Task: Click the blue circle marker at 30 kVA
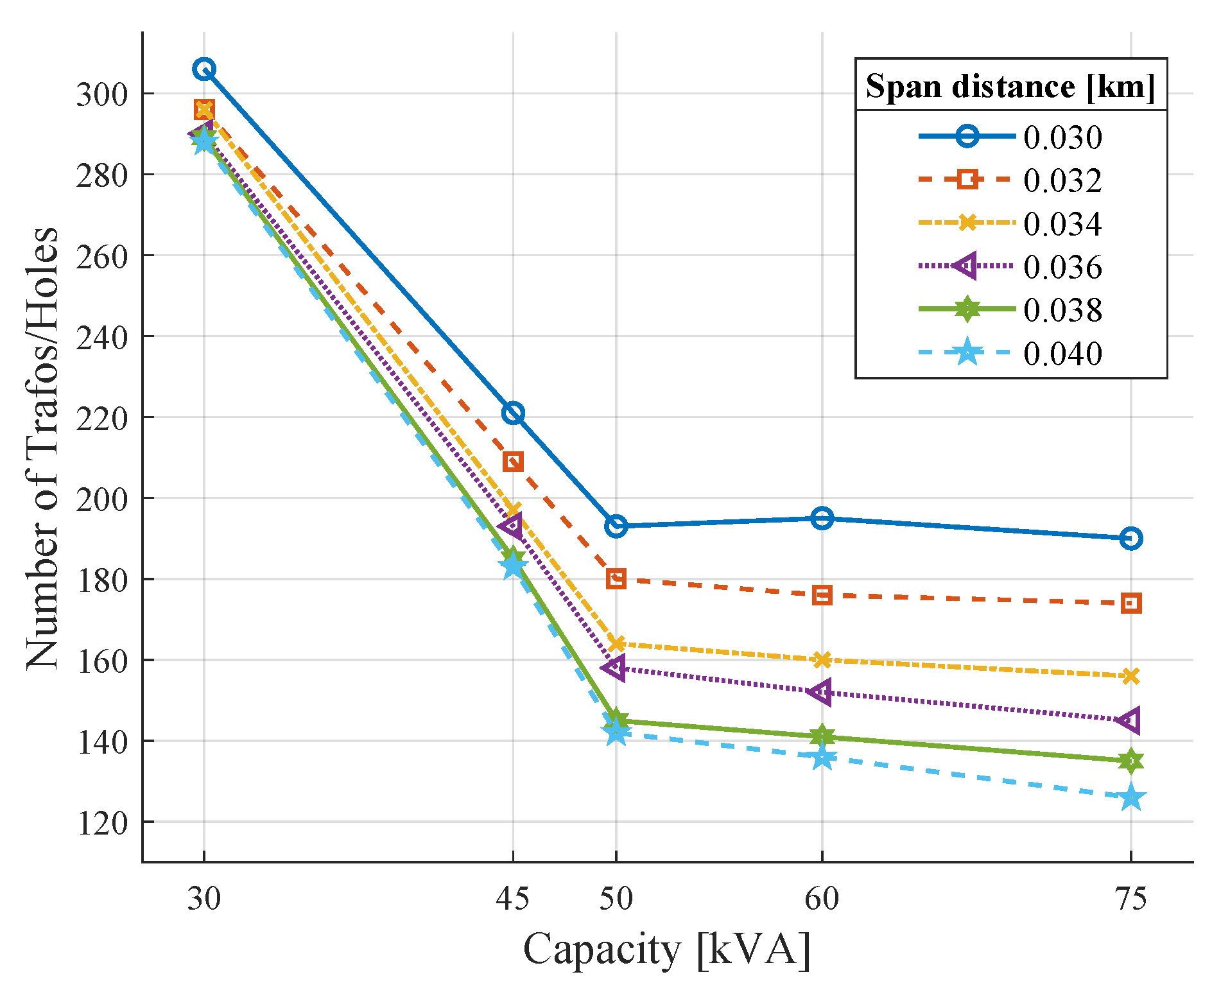point(204,69)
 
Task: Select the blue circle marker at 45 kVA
point(513,413)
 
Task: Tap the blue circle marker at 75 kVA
point(1131,539)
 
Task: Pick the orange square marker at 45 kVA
point(513,462)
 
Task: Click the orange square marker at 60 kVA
point(822,595)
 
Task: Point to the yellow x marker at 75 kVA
point(1131,676)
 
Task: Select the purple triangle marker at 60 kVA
point(821,692)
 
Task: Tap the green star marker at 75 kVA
point(1131,761)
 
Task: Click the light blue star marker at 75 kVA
point(1131,798)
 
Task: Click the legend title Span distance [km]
point(1010,86)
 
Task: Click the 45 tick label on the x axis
point(513,898)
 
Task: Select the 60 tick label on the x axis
point(822,898)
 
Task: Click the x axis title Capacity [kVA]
point(667,949)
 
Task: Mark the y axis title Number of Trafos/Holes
point(42,447)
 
